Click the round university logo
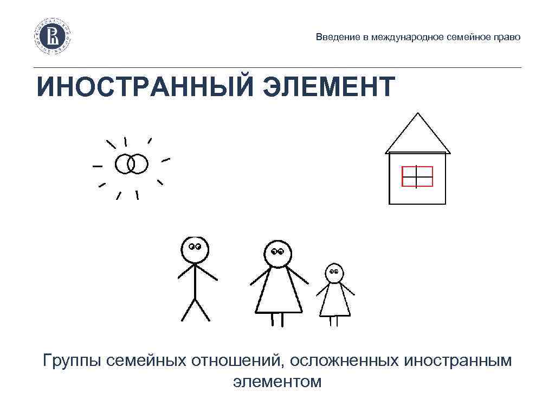coord(54,36)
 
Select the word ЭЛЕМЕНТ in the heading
coord(329,87)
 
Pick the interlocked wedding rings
coord(131,163)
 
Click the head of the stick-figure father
coord(195,250)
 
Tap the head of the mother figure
coord(277,254)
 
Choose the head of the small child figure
coord(334,273)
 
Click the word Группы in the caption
coord(73,361)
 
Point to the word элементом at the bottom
coord(277,381)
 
